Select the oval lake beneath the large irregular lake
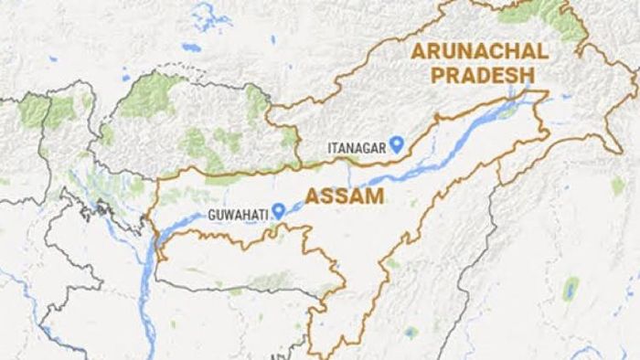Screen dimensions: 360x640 [x=191, y=48]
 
